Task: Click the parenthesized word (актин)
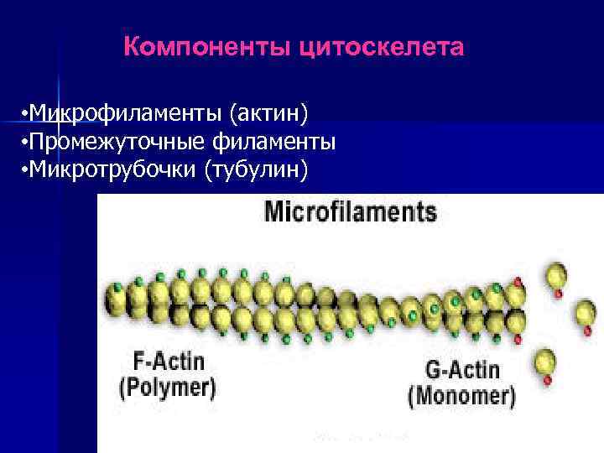[271, 112]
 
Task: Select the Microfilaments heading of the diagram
[351, 211]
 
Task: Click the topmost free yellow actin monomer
[556, 275]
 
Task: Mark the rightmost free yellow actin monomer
[585, 314]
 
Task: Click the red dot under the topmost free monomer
[557, 294]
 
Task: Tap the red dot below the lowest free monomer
[548, 380]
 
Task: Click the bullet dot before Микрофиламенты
[27, 113]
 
